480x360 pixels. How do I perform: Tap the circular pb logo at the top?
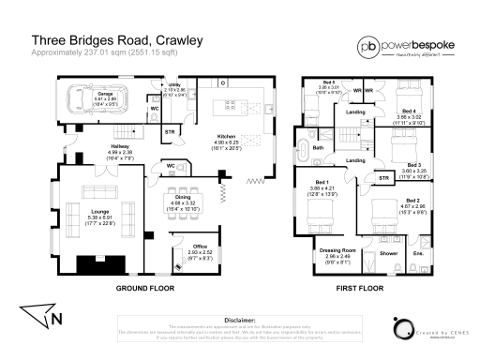(x=367, y=48)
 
